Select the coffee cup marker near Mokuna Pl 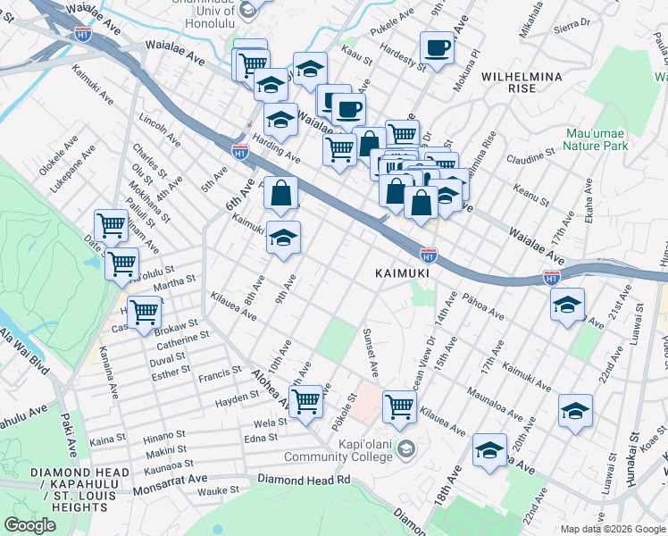pos(437,48)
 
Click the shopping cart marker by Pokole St pos(399,407)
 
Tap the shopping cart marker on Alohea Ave pos(306,401)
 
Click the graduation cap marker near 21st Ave pos(568,306)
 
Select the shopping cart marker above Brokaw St pos(144,314)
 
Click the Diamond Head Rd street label pos(304,480)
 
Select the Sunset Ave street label pos(368,351)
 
